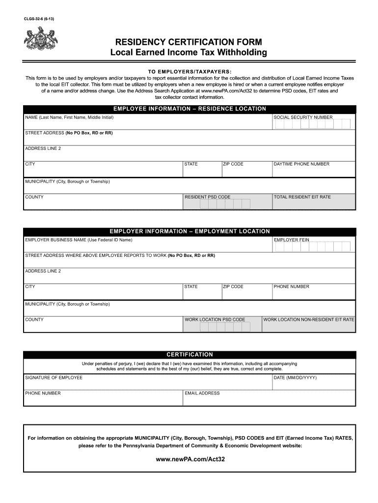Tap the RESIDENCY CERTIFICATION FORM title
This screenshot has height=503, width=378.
[x=189, y=42]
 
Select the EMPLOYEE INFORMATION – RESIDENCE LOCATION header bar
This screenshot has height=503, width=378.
[x=189, y=109]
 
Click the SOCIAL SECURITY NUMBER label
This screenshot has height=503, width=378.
[x=303, y=117]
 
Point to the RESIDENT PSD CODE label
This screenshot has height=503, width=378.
[x=207, y=197]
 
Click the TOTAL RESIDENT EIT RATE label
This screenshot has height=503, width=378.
[x=302, y=197]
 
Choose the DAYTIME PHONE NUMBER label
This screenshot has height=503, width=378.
[x=301, y=164]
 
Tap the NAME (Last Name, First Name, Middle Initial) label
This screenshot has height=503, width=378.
[x=69, y=117]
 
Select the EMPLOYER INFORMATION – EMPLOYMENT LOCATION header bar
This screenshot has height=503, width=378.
[x=189, y=231]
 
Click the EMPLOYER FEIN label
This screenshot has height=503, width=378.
[x=292, y=240]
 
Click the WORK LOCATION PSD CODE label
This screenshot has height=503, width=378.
[x=215, y=319]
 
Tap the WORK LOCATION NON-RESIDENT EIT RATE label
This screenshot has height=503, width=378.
[x=308, y=319]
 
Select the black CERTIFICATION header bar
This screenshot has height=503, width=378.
[x=189, y=354]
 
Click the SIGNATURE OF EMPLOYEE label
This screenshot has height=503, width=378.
[x=54, y=377]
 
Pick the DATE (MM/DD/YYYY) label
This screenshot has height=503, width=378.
[x=295, y=377]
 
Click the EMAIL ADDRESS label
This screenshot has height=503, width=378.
[x=202, y=393]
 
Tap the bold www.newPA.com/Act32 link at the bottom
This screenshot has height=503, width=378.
[x=189, y=460]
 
